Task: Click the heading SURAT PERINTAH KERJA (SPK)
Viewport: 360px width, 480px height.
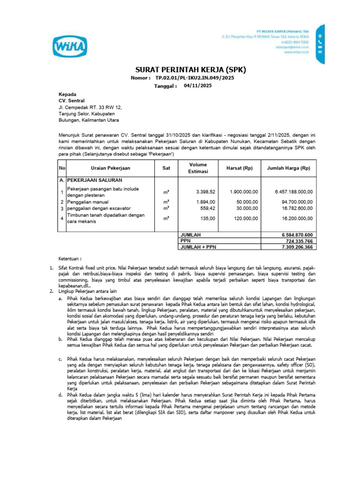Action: (190, 69)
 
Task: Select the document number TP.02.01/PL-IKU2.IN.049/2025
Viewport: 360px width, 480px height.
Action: (195, 78)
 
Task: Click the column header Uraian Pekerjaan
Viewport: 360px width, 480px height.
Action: (111, 168)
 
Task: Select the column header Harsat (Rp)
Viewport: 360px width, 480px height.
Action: (240, 168)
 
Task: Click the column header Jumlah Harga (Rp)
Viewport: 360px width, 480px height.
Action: (288, 168)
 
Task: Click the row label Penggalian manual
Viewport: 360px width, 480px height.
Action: (87, 202)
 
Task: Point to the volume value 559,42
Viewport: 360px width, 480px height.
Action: (207, 208)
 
